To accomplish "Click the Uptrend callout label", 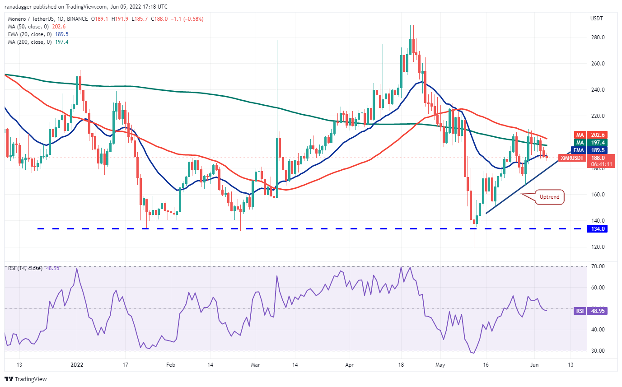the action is pos(549,197).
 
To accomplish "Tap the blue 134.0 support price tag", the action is pos(597,229).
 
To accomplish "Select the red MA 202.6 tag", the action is pos(591,135).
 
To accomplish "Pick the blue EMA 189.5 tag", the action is pos(589,150).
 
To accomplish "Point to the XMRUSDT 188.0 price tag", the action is pos(583,158).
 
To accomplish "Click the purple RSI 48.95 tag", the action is pos(590,311).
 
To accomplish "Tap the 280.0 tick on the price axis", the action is pos(598,37).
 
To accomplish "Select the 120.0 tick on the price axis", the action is pos(598,247).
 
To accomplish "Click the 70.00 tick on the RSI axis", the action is pos(598,266).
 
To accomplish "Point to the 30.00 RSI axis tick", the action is pos(598,351).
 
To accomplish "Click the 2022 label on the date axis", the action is pos(77,364).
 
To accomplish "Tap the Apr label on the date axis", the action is pos(349,364).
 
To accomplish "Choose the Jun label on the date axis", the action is pos(534,364).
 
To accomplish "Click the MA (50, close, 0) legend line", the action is pos(37,27).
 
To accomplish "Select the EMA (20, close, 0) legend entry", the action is pos(38,34).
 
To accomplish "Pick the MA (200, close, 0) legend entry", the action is pos(38,42).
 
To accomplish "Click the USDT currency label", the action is pos(596,19).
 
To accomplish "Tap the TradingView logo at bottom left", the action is pos(26,379).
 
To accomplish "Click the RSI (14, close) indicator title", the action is pos(25,268).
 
